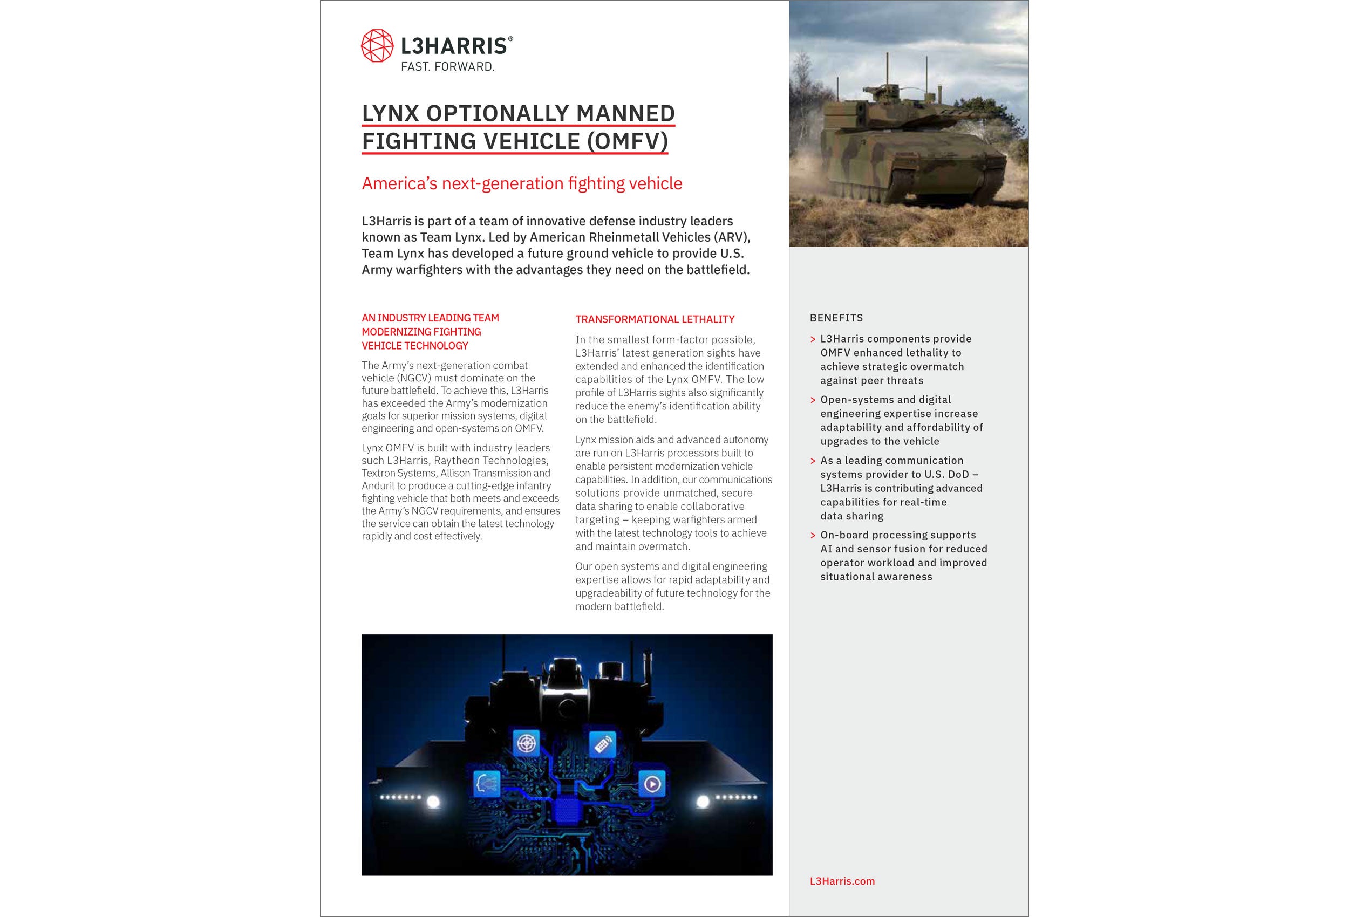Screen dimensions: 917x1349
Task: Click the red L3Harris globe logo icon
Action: (377, 45)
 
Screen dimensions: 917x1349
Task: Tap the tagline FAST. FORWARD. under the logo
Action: (447, 67)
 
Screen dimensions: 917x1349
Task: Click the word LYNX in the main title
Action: (390, 113)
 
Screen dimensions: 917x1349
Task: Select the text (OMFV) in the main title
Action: (627, 141)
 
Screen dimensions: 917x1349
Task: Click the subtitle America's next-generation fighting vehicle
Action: (522, 183)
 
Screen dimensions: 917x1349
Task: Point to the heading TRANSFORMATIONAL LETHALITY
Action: (655, 319)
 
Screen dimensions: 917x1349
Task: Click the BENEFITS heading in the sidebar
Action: (836, 318)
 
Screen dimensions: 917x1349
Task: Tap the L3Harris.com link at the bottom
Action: (842, 881)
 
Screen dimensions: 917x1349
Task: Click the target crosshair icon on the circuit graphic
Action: (527, 743)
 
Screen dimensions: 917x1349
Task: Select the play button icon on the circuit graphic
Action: (652, 785)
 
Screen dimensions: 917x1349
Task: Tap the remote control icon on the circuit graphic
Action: (603, 743)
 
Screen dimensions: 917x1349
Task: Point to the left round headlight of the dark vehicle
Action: (433, 802)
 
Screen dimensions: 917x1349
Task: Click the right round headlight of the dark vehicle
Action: (703, 802)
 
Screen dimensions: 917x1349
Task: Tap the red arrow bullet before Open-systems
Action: (813, 400)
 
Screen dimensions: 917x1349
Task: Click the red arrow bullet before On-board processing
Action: (813, 536)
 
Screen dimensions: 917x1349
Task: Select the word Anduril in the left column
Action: (378, 486)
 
